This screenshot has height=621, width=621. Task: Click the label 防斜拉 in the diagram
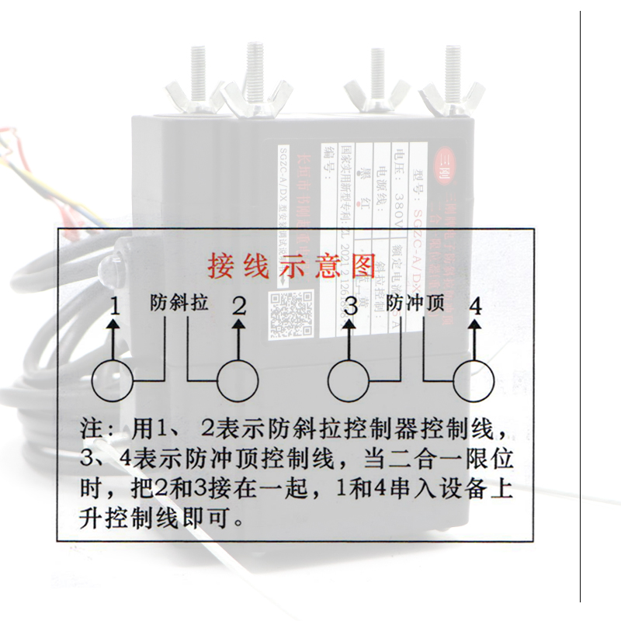pos(179,304)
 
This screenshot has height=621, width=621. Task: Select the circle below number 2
pos(238,381)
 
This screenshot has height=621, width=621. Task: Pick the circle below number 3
pos(349,381)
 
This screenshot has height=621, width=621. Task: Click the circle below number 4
pos(474,381)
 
